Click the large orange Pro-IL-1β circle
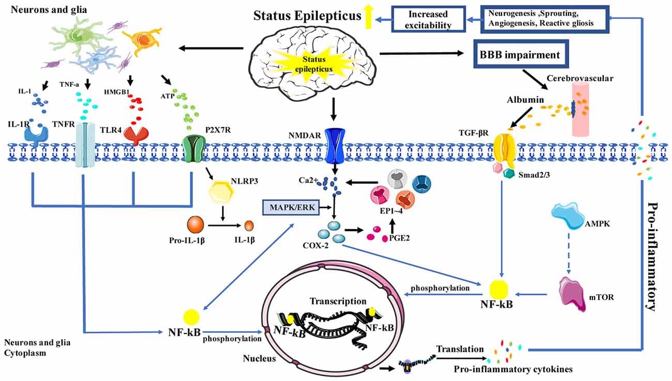point(196,226)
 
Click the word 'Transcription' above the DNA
point(338,300)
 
